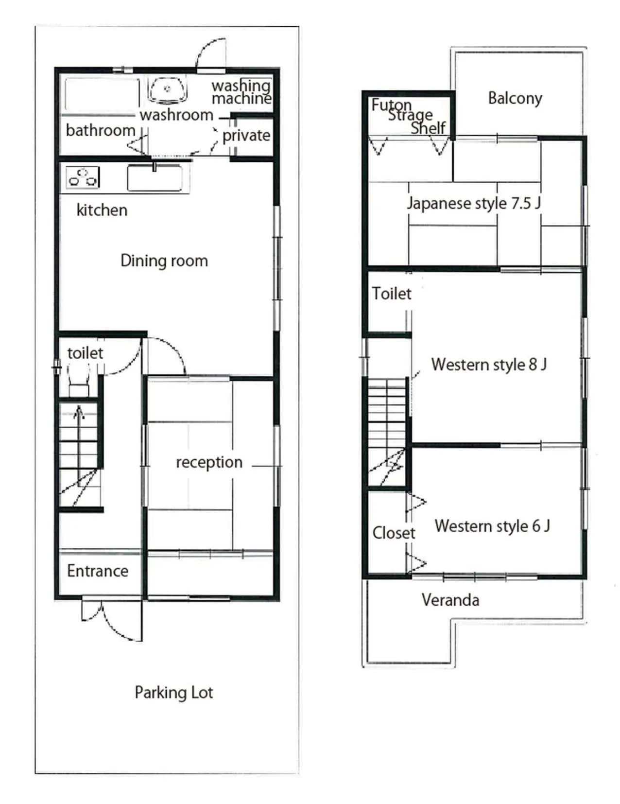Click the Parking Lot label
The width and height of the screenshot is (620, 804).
173,692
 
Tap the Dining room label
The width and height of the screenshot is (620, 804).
164,261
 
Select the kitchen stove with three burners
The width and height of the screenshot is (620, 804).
83,177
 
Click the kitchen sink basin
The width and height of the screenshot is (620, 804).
155,178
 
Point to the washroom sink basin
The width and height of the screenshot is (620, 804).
167,89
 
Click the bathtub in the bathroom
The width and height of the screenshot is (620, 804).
102,94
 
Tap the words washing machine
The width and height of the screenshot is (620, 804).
241,92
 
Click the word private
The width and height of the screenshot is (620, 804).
246,135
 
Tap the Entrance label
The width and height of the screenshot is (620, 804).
98,571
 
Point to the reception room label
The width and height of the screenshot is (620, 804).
209,462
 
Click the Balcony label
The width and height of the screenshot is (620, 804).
515,98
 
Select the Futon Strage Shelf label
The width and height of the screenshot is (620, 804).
409,116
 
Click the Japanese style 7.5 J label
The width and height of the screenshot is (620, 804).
473,203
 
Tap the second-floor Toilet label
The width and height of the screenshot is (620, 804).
391,294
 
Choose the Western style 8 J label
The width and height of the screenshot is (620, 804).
489,364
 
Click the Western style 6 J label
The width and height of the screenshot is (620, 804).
492,525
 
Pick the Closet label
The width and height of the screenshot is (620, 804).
394,533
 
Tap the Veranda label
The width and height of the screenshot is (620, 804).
450,600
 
